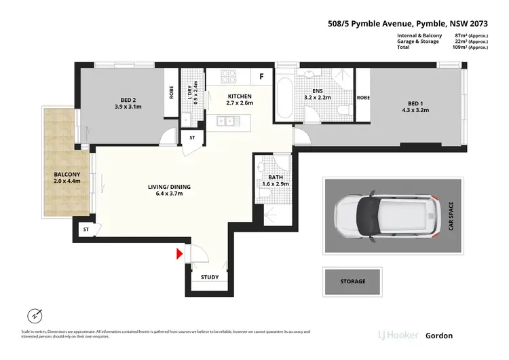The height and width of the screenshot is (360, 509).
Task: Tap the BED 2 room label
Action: click(128, 105)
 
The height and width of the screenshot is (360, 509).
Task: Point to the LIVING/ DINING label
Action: click(170, 190)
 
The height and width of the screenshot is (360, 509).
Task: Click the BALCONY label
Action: click(67, 178)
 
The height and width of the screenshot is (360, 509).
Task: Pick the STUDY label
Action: click(210, 277)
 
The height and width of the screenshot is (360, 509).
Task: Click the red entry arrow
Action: click(180, 254)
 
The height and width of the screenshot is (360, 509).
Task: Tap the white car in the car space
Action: click(383, 215)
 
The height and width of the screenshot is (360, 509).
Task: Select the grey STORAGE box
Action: click(353, 281)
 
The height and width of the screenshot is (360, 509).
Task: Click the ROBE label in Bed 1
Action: click(362, 97)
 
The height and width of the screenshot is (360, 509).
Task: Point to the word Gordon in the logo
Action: click(438, 336)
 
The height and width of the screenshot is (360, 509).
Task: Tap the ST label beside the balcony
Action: click(86, 230)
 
